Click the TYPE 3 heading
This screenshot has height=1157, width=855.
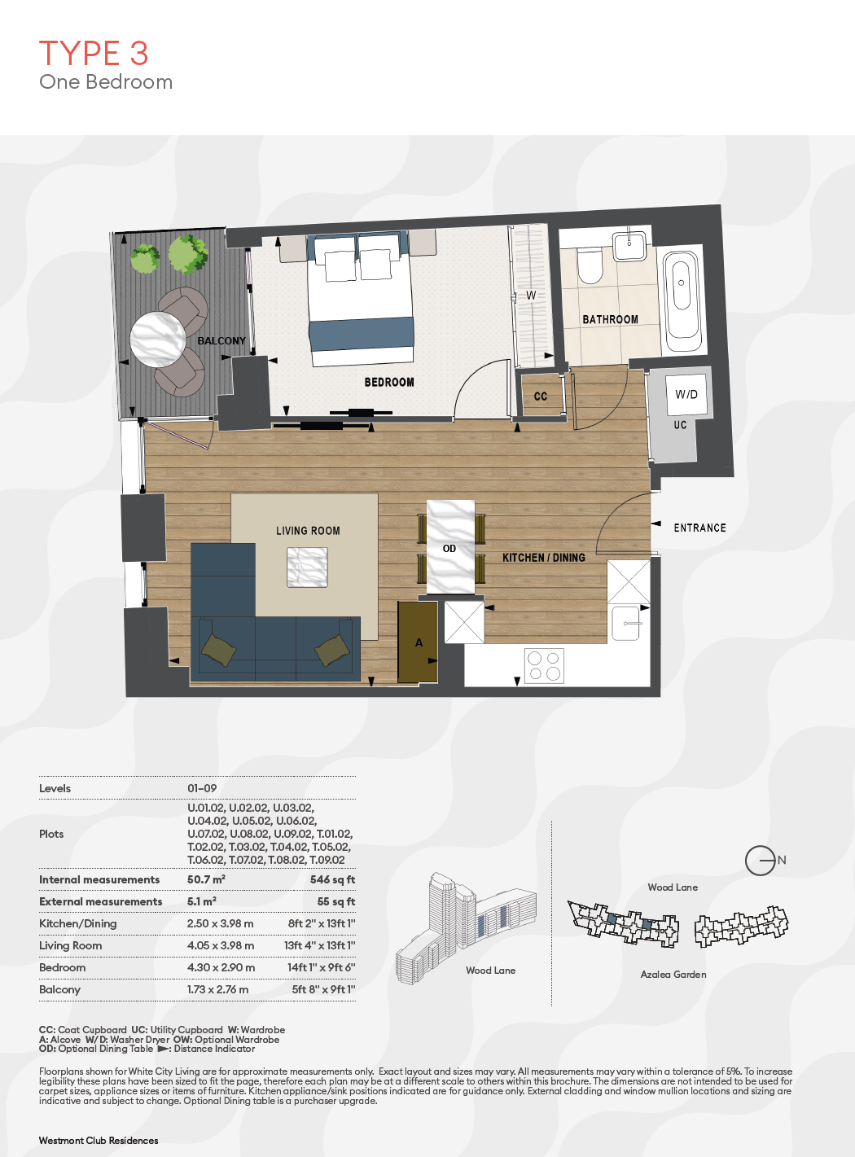pyautogui.click(x=94, y=53)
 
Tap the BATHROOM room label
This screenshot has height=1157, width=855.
pyautogui.click(x=610, y=319)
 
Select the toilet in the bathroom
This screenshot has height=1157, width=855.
pyautogui.click(x=590, y=265)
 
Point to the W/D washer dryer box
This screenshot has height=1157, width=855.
pyautogui.click(x=686, y=394)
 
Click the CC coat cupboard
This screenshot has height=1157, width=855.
pyautogui.click(x=541, y=396)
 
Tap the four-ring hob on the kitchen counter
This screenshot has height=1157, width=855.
pyautogui.click(x=544, y=665)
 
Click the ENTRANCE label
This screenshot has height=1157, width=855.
pyautogui.click(x=699, y=528)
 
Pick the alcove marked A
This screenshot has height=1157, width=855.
pyautogui.click(x=418, y=642)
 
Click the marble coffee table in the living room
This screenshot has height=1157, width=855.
pyautogui.click(x=307, y=567)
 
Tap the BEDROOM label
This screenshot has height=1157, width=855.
pyautogui.click(x=389, y=383)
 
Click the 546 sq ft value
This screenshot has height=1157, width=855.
pyautogui.click(x=332, y=879)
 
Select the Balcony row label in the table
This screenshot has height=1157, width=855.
pyautogui.click(x=59, y=989)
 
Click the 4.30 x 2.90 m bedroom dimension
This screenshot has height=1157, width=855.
pyautogui.click(x=221, y=967)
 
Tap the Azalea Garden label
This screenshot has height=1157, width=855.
pyautogui.click(x=673, y=975)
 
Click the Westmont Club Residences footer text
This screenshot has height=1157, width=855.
pyautogui.click(x=99, y=1141)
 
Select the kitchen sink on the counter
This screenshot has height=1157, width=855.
pyautogui.click(x=626, y=624)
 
